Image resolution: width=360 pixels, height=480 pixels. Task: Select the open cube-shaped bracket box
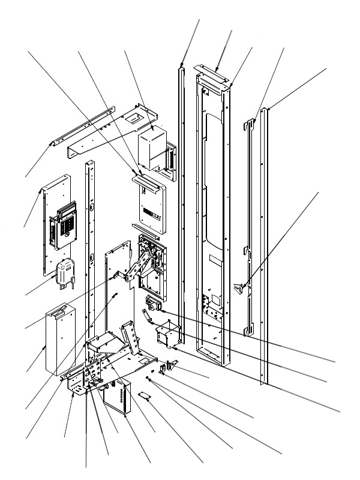[x=167, y=335]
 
